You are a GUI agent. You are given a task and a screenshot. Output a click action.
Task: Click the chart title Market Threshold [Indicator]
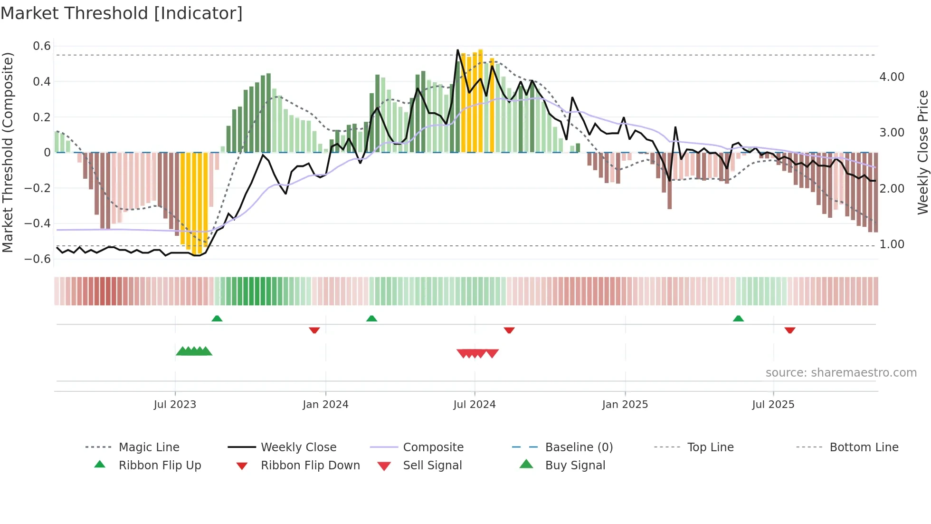(x=122, y=13)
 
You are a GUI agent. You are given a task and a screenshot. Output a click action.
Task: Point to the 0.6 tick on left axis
(x=42, y=46)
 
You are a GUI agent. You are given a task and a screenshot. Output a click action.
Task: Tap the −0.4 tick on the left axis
(x=38, y=223)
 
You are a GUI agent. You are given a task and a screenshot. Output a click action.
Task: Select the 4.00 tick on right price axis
(x=892, y=77)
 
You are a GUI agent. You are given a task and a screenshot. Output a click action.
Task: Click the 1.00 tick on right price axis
(x=892, y=244)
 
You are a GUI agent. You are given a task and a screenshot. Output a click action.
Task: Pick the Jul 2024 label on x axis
(x=474, y=405)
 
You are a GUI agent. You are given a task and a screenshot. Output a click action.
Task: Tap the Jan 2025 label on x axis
(x=625, y=405)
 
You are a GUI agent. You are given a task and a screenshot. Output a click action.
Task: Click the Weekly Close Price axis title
(x=922, y=152)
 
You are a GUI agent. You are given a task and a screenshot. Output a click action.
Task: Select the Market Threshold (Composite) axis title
(x=8, y=152)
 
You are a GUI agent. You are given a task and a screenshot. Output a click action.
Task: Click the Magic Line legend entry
(x=149, y=447)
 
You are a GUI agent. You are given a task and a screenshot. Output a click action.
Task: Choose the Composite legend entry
(x=433, y=447)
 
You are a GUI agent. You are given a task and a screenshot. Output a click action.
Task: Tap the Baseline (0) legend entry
(x=579, y=447)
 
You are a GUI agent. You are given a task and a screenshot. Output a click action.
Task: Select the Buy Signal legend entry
(x=575, y=466)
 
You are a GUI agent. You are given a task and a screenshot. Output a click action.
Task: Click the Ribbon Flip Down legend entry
(x=310, y=466)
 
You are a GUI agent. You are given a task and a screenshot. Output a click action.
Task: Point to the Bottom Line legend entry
(x=864, y=447)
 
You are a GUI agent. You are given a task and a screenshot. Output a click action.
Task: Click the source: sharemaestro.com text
(x=841, y=373)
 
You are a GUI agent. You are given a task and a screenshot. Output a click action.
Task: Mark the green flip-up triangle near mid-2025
(x=738, y=319)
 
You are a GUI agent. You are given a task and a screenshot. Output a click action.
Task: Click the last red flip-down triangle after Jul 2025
(x=790, y=330)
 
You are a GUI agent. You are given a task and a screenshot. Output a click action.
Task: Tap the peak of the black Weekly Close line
(x=457, y=50)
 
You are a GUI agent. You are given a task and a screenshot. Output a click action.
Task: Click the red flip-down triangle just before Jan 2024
(x=314, y=330)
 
